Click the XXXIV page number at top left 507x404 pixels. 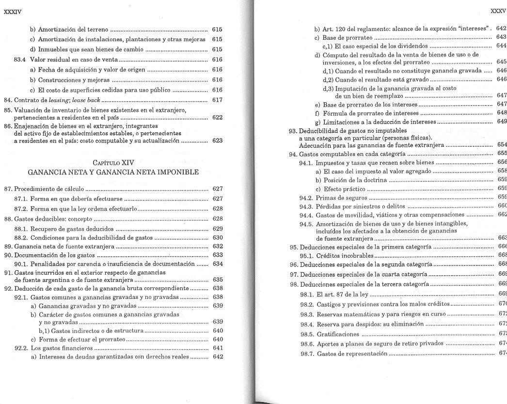click(x=12, y=11)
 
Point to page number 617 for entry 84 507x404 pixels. click(x=217, y=100)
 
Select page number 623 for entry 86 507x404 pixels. click(x=217, y=140)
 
